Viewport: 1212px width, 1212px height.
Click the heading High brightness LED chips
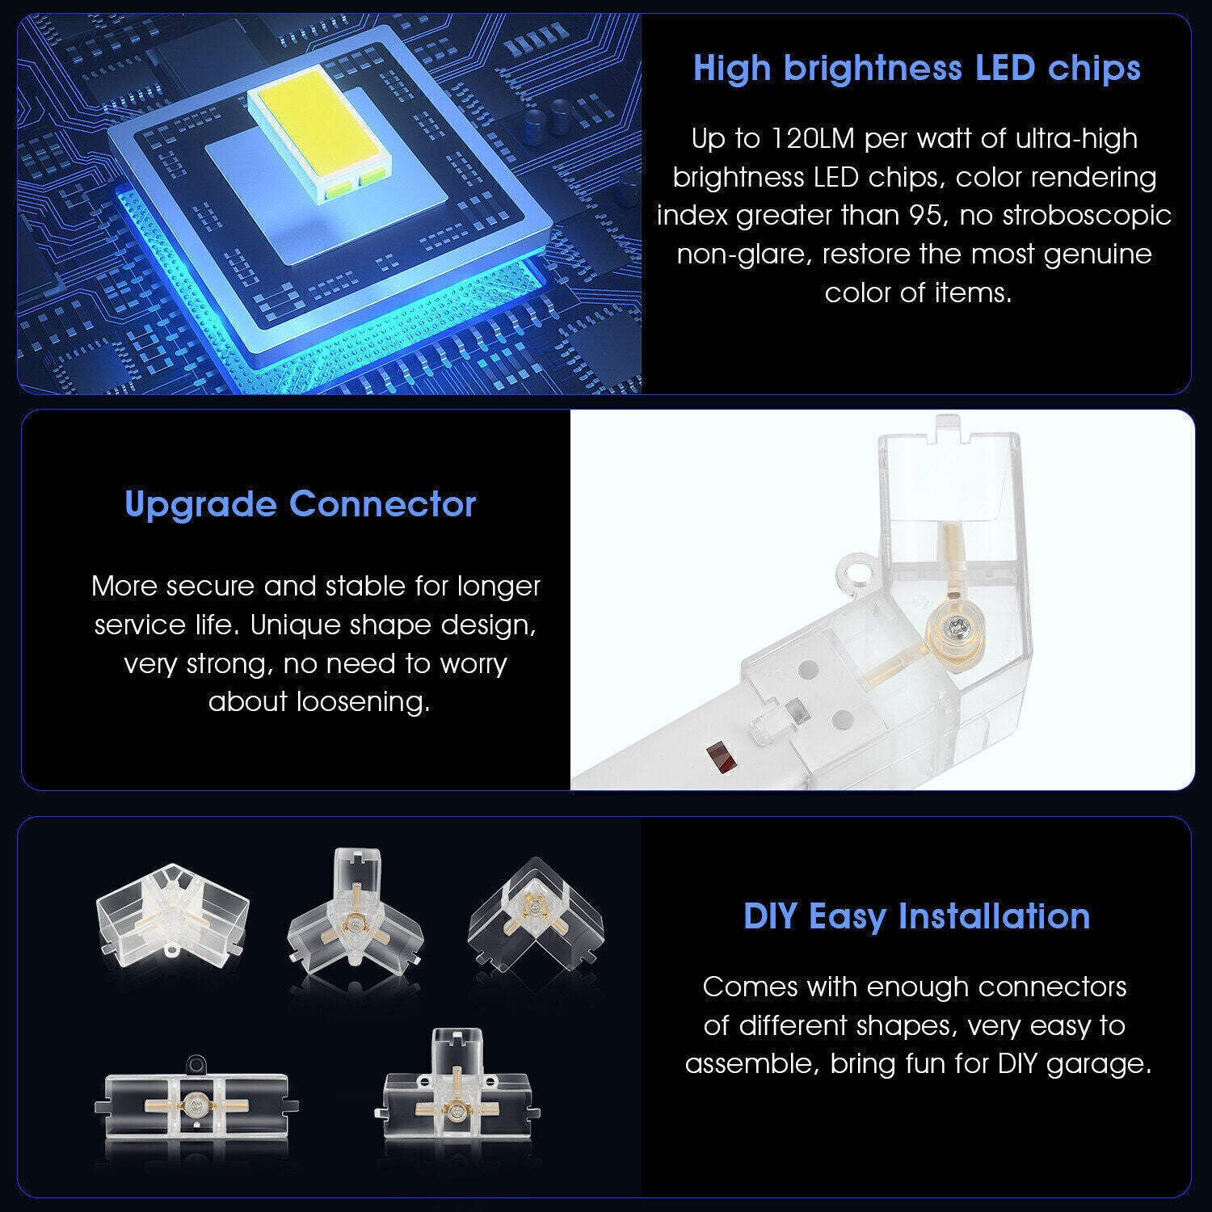pos(916,69)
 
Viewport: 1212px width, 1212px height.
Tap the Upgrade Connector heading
pos(301,505)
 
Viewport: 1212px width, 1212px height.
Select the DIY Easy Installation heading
pos(916,916)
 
